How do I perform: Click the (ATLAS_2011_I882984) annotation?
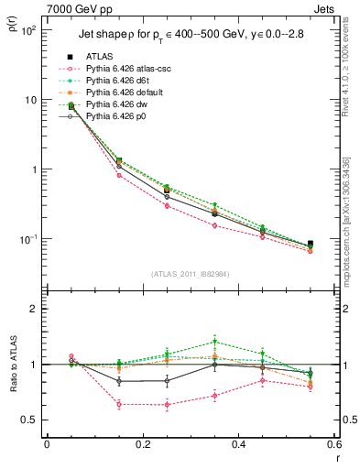coord(189,273)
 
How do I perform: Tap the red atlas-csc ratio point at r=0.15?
coord(119,403)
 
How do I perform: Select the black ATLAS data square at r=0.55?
coord(310,244)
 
